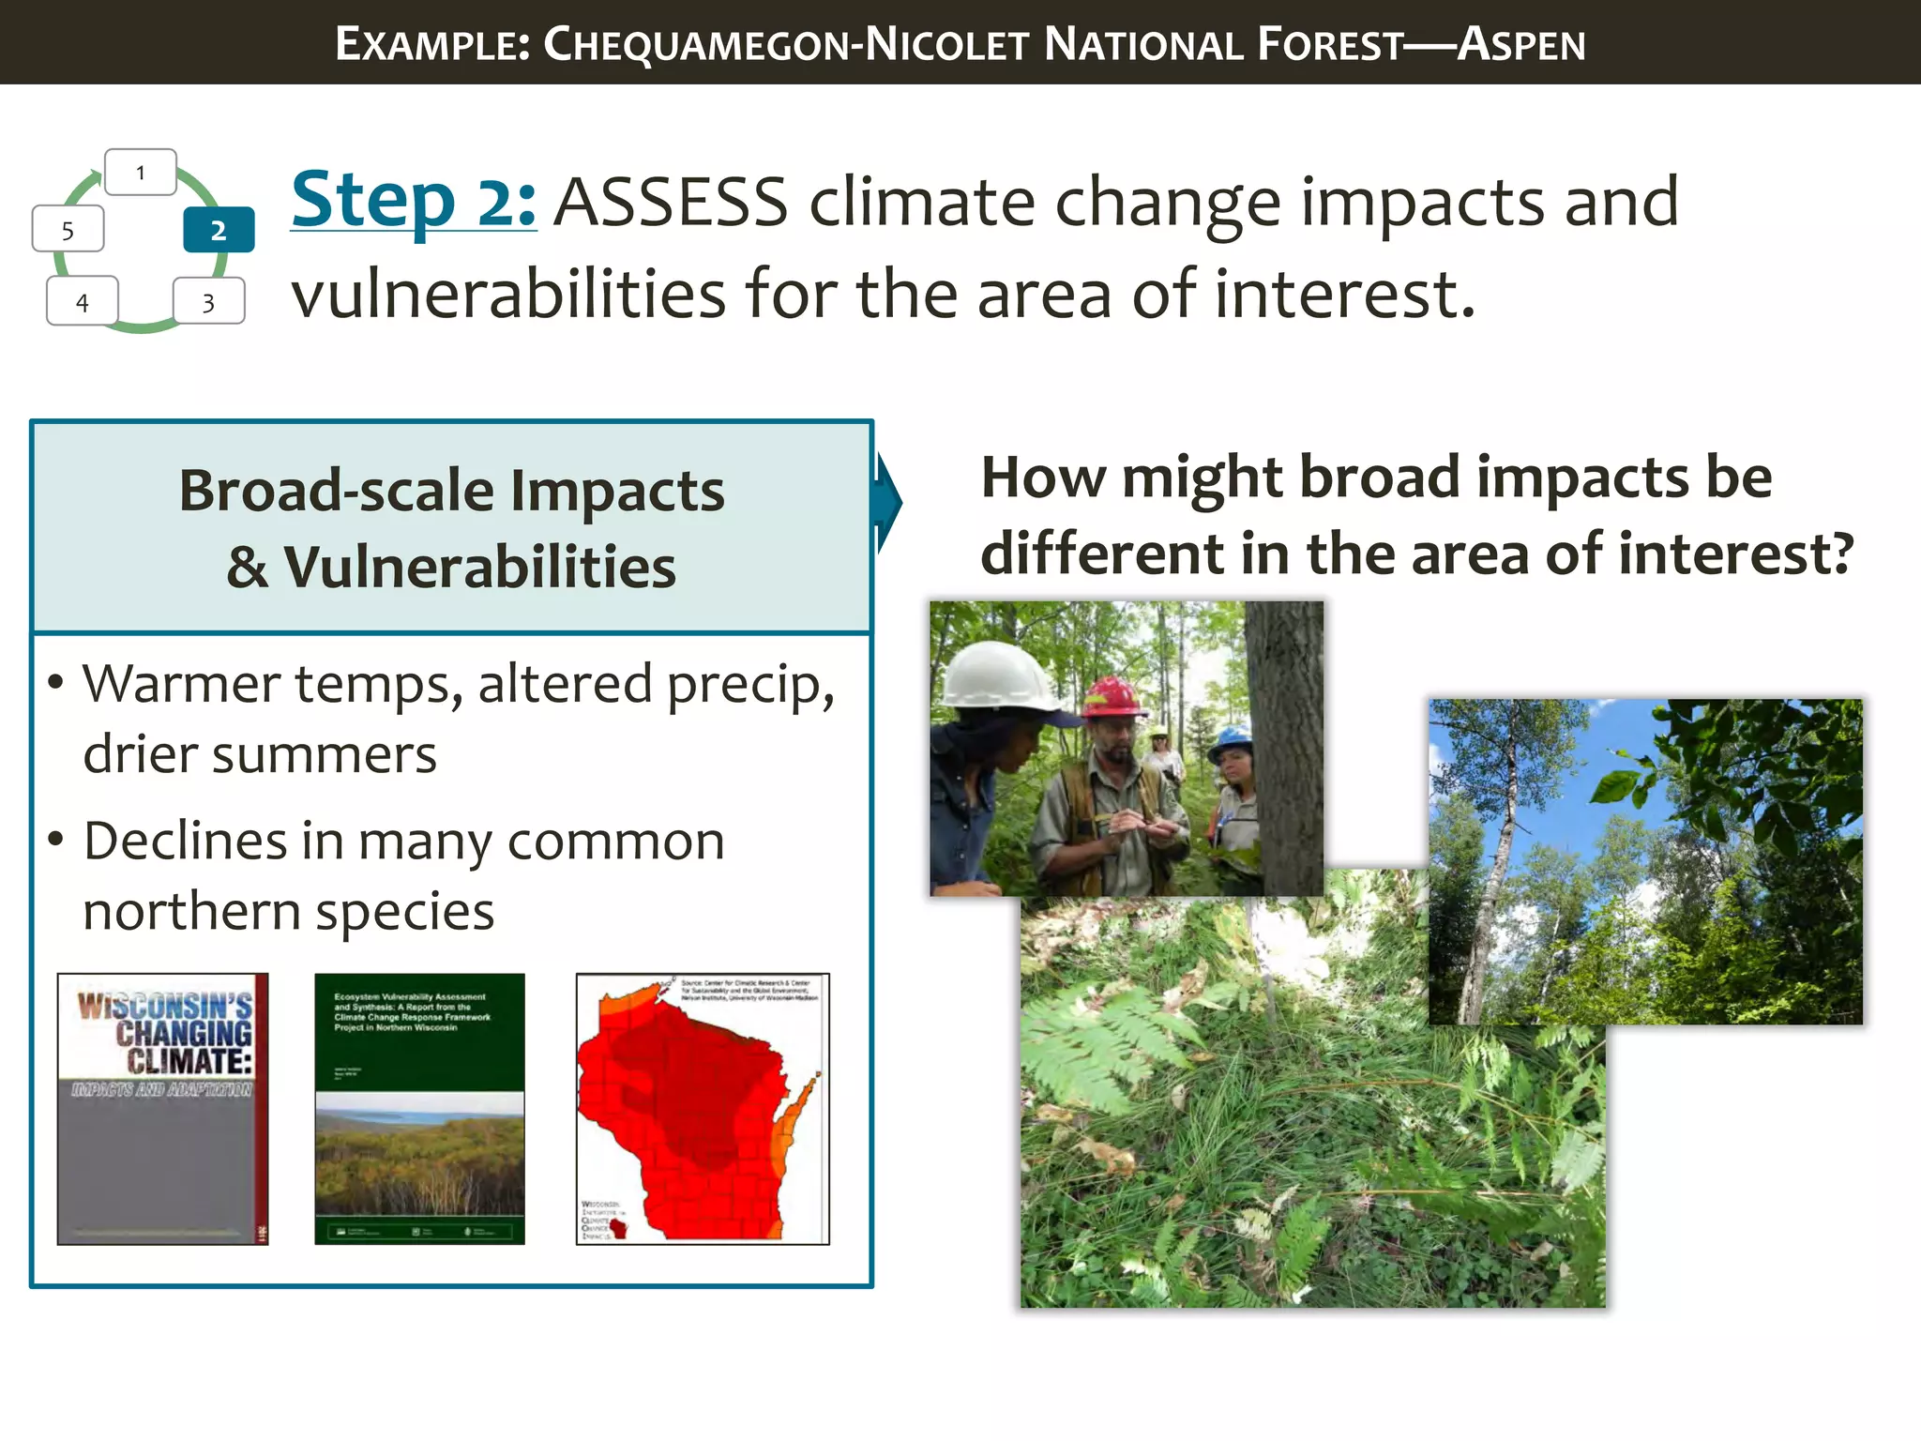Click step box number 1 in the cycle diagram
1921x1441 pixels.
tap(141, 173)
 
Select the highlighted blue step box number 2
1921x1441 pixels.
tap(219, 230)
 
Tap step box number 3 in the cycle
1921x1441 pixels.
tap(209, 302)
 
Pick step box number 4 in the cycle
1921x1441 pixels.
tap(83, 302)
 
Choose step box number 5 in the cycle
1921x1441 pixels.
tap(68, 231)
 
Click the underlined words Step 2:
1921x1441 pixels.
tap(413, 201)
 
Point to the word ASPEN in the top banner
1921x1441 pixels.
tap(1520, 44)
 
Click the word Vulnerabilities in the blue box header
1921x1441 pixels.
tap(479, 568)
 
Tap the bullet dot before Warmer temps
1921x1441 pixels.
tap(56, 682)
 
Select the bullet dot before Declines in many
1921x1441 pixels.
tap(56, 840)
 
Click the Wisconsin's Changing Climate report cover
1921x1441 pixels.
tap(162, 1109)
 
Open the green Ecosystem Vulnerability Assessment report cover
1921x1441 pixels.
tap(419, 1109)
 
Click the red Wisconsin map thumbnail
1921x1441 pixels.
tap(702, 1109)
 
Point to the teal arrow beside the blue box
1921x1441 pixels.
tap(888, 504)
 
